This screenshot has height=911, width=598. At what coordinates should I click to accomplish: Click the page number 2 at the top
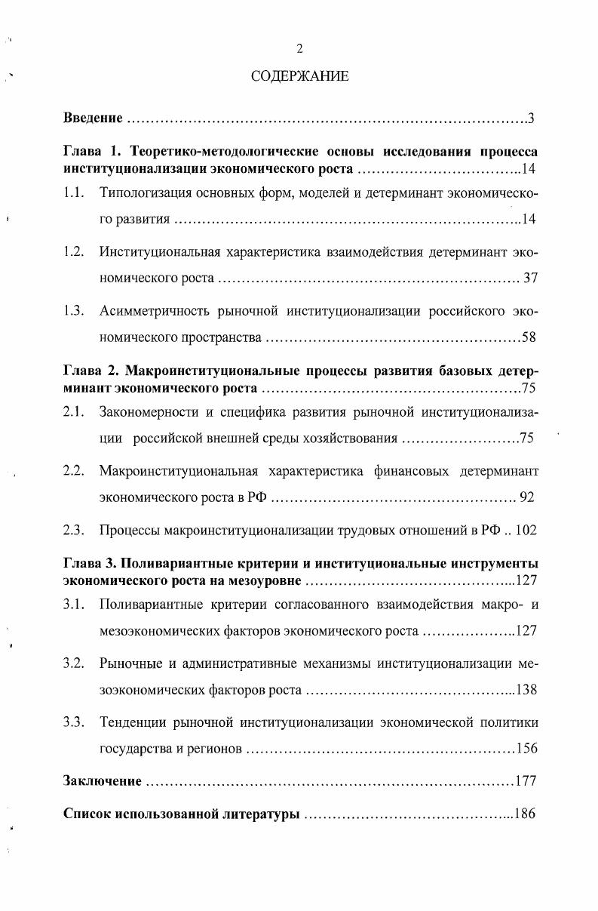click(x=299, y=49)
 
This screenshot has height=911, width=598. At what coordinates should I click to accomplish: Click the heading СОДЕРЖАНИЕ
click(x=299, y=77)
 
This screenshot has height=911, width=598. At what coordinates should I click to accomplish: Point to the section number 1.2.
click(x=73, y=251)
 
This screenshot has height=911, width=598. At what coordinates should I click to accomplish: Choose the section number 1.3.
click(x=73, y=310)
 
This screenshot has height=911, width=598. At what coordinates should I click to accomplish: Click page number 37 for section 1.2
click(x=530, y=279)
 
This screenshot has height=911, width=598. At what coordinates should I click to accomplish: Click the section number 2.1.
click(x=73, y=411)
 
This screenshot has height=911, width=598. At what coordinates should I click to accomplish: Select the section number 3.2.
click(x=73, y=663)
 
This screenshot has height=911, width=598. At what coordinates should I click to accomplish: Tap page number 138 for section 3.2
click(x=525, y=690)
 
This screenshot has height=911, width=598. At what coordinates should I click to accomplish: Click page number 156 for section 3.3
click(x=525, y=749)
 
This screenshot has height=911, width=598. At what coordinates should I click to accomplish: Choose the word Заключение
click(x=102, y=781)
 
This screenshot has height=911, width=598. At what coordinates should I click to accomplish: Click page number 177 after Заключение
click(x=525, y=781)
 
